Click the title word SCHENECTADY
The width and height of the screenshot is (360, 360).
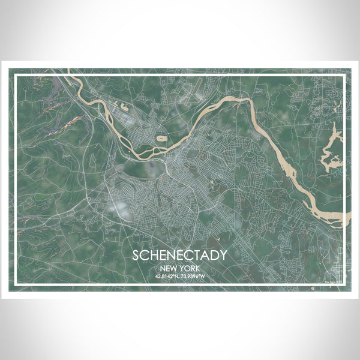(x=181, y=254)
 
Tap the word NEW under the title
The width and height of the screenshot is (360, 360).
(x=169, y=268)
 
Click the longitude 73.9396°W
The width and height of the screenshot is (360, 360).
(x=194, y=277)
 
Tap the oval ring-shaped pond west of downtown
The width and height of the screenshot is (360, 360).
(x=161, y=139)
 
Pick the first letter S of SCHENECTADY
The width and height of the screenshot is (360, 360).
(x=137, y=254)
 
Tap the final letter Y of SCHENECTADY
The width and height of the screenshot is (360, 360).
(x=223, y=254)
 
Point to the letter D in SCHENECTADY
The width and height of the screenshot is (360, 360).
(x=214, y=254)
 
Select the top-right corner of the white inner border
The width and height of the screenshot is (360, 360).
(x=347, y=76)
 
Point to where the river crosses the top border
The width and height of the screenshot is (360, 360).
(x=70, y=76)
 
